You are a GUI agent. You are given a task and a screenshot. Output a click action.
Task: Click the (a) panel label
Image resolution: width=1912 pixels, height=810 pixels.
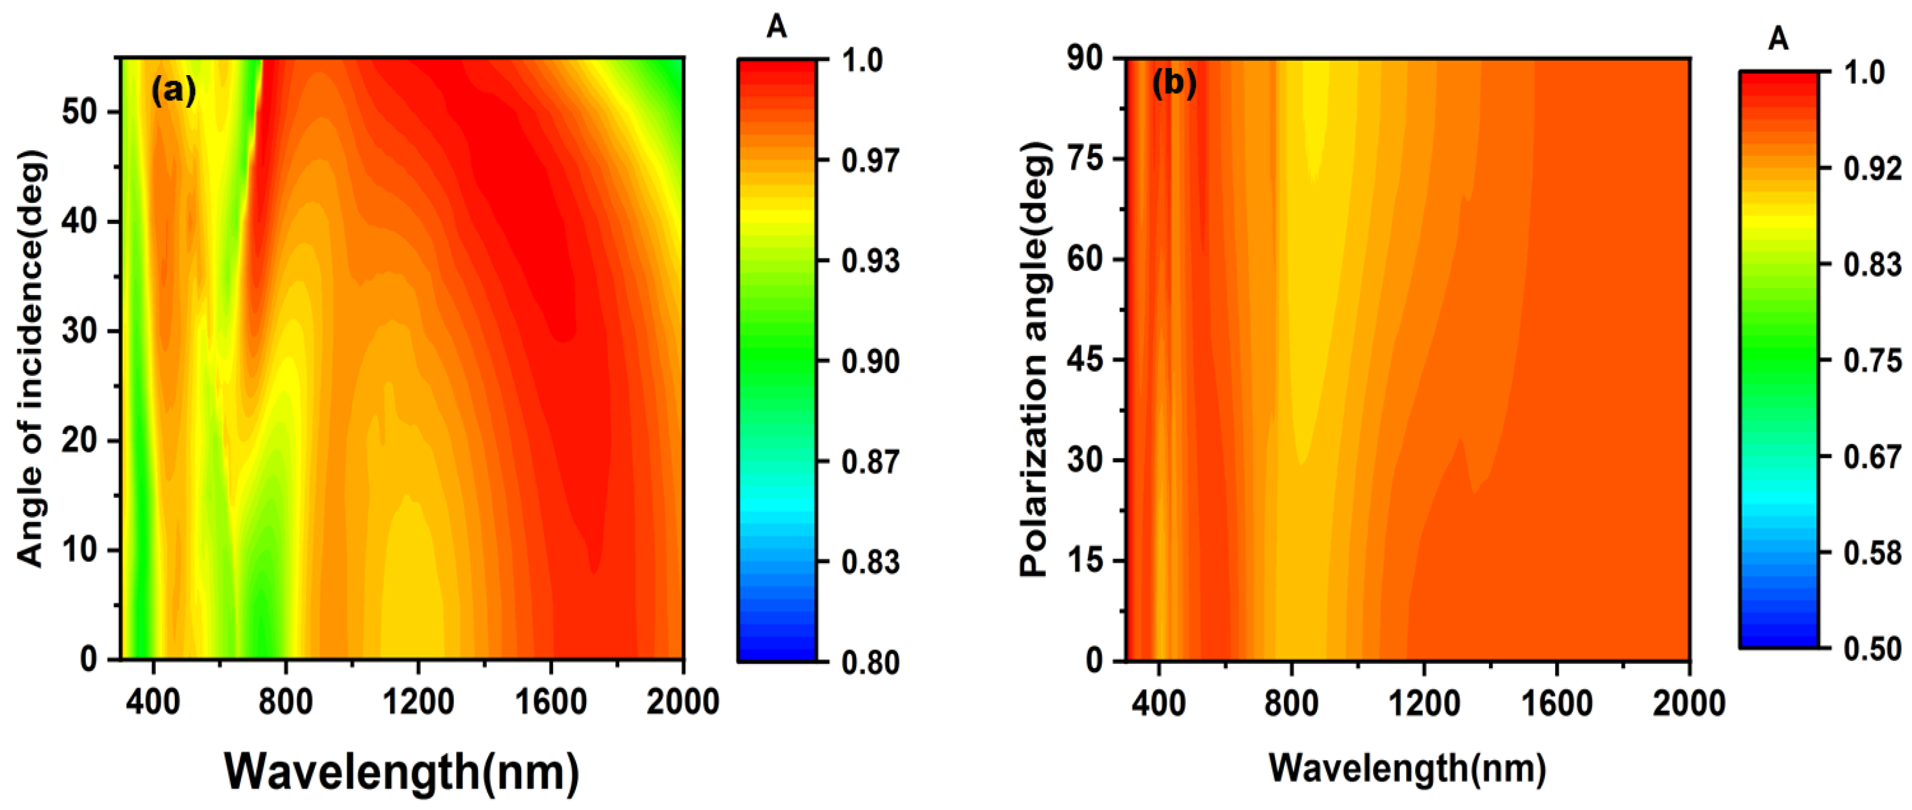tap(173, 90)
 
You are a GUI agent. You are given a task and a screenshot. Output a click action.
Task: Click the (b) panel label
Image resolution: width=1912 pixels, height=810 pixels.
tap(1173, 83)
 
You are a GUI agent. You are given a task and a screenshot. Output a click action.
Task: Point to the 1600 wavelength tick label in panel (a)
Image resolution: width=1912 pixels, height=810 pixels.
tap(551, 702)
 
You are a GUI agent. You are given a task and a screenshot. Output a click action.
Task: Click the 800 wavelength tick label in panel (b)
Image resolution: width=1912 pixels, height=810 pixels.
tap(1292, 702)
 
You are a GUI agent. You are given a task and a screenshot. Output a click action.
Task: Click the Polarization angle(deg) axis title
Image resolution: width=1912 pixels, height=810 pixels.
tap(1034, 359)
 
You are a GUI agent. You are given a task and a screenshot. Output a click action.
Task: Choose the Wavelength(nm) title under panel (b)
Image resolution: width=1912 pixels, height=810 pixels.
tap(1407, 767)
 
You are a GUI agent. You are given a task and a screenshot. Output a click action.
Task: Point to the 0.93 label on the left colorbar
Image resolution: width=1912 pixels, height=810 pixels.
tap(870, 261)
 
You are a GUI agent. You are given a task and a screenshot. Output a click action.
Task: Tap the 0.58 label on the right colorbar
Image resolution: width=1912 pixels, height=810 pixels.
tap(1872, 553)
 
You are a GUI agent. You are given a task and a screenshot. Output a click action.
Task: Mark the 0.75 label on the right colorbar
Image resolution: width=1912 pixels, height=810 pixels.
tap(1872, 361)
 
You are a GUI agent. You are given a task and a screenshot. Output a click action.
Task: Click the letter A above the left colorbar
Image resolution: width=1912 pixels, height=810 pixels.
tap(776, 27)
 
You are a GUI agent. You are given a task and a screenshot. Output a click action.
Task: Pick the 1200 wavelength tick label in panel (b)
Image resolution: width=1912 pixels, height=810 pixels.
tap(1423, 702)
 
